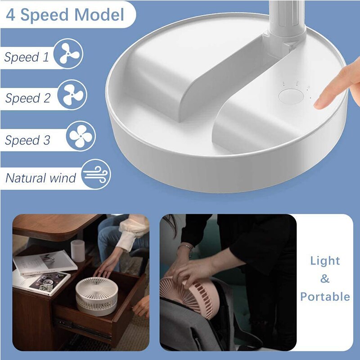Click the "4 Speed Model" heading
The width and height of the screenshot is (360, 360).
click(x=65, y=15)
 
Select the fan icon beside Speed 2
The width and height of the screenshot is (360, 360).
click(x=72, y=94)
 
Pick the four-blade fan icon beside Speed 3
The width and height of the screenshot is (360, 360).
click(x=81, y=136)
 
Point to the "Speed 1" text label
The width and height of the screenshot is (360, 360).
click(x=27, y=57)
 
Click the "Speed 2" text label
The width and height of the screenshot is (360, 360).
click(x=28, y=99)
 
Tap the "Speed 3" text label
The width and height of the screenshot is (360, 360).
click(x=28, y=140)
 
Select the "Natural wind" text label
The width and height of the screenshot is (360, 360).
click(x=41, y=178)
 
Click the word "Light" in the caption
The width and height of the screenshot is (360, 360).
click(x=325, y=261)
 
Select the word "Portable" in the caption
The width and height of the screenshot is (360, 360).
click(x=325, y=297)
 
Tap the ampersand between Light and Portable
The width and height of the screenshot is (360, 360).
click(x=325, y=279)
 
